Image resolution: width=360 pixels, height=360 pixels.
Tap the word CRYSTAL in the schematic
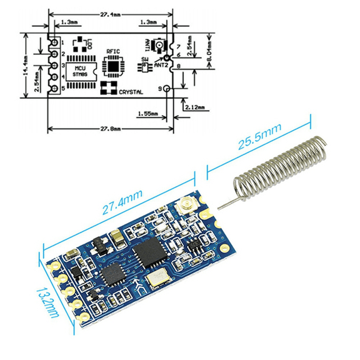click(131, 92)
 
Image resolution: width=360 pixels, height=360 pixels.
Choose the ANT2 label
click(161, 64)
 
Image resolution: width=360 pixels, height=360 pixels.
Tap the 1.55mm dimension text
click(147, 113)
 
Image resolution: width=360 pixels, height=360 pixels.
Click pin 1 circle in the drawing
click(54, 42)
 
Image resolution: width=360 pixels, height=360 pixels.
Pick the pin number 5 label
click(64, 87)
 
